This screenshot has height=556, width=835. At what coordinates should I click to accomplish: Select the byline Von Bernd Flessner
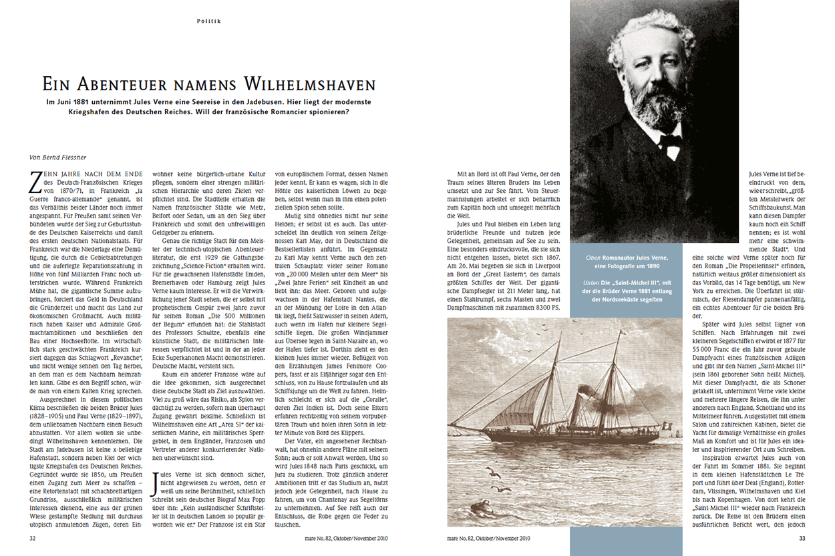pos(58,157)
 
